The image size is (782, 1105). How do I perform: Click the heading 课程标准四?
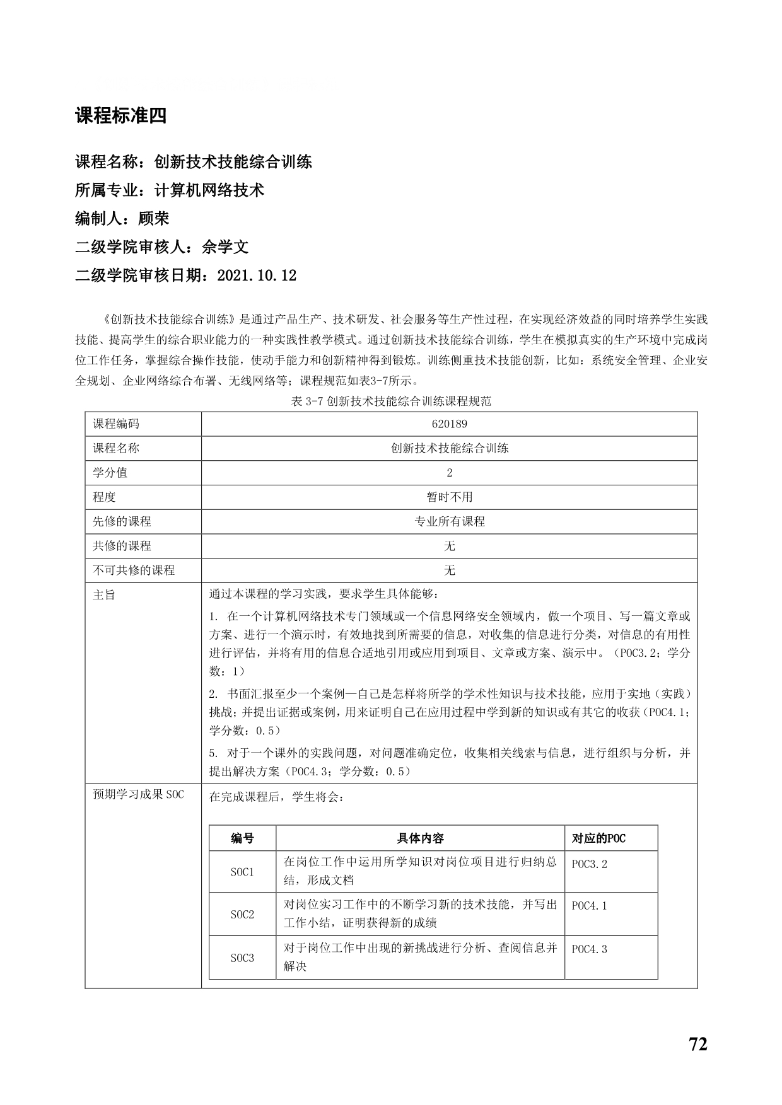pos(120,116)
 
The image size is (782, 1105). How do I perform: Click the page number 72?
pos(698,1044)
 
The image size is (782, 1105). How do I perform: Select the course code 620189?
pos(449,424)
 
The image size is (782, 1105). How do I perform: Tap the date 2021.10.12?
pos(256,275)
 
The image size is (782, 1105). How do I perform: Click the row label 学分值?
pos(110,473)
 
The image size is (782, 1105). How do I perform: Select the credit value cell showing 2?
pos(449,473)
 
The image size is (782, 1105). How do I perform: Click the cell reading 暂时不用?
pos(449,497)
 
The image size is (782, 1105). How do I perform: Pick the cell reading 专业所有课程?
pos(449,522)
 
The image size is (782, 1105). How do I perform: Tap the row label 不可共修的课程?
pos(134,570)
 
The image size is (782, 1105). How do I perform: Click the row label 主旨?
pos(104,594)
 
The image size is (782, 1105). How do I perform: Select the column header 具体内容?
pos(420,838)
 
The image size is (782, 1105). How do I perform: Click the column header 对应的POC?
pos(598,838)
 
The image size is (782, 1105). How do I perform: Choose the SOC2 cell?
pos(242,913)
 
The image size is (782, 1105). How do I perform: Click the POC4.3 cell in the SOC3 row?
pos(590,949)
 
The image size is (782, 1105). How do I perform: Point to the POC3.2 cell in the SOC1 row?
pos(590,864)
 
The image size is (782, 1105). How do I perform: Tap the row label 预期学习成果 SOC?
pos(138,795)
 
